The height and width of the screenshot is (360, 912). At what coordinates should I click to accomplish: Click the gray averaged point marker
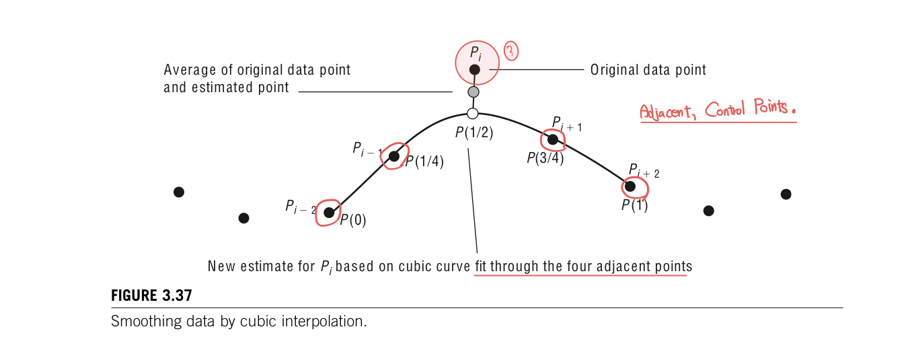473,92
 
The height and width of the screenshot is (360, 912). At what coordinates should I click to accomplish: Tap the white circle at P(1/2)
472,114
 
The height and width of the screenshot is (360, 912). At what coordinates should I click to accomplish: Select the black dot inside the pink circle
474,69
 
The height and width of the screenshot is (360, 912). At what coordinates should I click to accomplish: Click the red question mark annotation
512,50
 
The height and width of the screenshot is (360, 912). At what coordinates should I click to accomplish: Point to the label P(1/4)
424,161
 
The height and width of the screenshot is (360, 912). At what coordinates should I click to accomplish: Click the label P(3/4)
545,158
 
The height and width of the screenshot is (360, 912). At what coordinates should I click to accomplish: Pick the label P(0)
353,220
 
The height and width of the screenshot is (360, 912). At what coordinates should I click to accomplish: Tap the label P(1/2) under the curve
474,133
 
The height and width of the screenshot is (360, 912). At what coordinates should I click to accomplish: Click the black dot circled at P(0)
329,213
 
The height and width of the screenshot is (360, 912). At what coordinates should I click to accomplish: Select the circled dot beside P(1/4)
394,156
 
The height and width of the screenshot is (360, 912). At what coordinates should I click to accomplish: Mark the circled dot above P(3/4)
553,140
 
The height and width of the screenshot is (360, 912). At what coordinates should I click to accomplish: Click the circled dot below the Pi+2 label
630,186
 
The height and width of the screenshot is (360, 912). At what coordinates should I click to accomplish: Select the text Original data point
648,69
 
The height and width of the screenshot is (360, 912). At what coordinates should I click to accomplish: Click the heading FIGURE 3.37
151,295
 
